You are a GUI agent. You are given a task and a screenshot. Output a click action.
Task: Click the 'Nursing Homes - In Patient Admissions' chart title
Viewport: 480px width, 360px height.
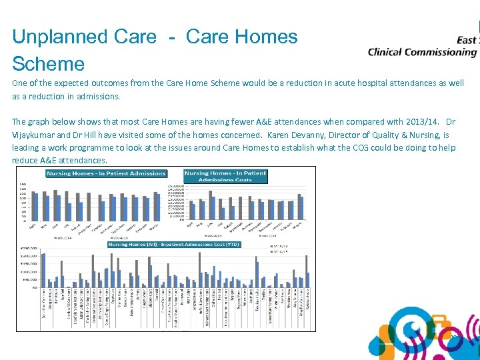106,173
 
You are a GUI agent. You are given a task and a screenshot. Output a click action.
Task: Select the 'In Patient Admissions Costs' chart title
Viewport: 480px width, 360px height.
225,177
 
